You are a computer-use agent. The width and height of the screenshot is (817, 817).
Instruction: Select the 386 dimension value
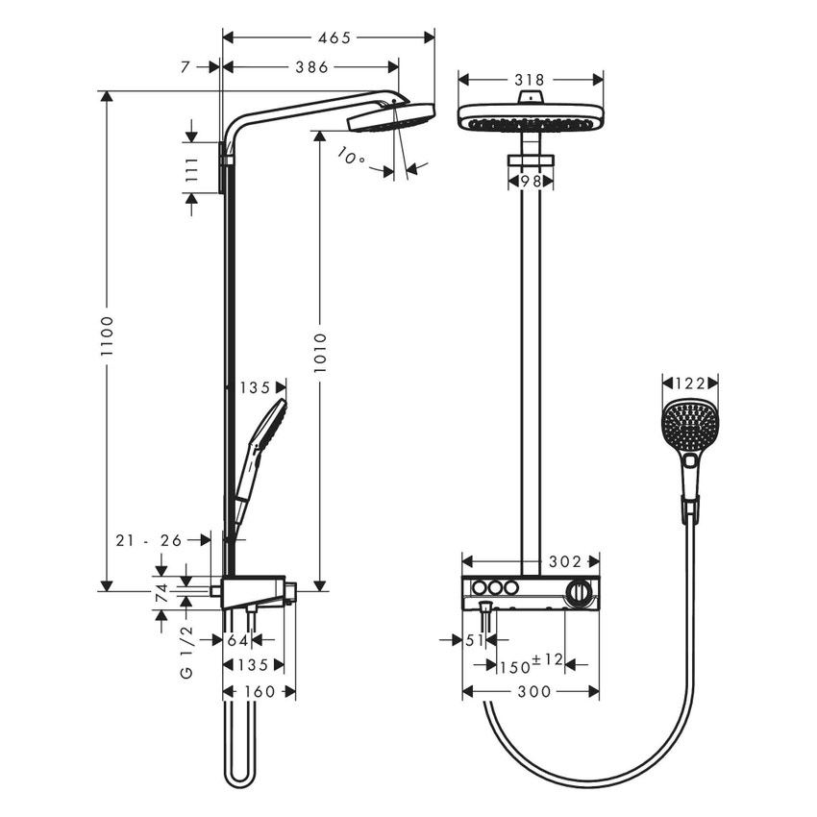(x=311, y=67)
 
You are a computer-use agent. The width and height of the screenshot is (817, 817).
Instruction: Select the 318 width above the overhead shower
(x=530, y=80)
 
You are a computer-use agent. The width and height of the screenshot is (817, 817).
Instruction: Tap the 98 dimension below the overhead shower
(x=531, y=180)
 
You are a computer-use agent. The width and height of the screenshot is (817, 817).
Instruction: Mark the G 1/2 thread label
(x=186, y=652)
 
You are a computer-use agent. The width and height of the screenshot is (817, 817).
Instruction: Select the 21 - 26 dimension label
(x=149, y=540)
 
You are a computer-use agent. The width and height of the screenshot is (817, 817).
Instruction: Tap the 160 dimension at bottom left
(x=259, y=691)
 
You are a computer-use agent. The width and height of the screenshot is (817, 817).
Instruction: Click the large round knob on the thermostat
(x=579, y=593)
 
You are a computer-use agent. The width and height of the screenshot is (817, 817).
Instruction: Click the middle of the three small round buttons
(x=495, y=588)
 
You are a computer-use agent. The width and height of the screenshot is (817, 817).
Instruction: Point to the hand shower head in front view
(x=688, y=423)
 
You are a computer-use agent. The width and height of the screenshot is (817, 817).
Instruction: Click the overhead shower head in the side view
(x=391, y=117)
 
